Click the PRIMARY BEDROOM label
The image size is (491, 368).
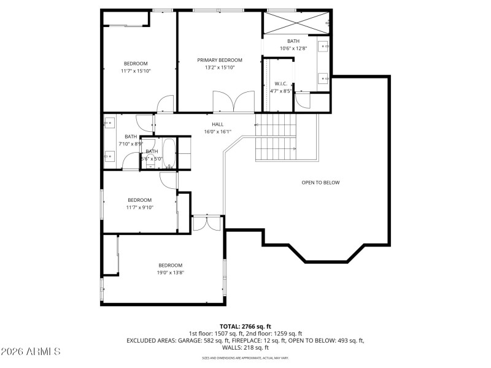coord(220,60)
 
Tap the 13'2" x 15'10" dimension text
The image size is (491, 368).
coord(220,67)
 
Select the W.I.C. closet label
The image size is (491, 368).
coord(281,83)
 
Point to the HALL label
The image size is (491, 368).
coord(217,124)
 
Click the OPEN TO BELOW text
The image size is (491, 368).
coord(320,183)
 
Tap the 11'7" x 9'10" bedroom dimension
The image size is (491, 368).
coord(139,207)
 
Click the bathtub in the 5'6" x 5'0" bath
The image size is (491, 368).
coord(169,153)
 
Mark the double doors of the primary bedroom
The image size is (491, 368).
coord(233,102)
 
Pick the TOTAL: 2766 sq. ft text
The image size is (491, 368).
coord(245,326)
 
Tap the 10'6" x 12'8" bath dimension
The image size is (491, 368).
coord(293,48)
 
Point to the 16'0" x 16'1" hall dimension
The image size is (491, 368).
coord(217,131)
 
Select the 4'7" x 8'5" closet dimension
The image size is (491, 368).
coord(281,91)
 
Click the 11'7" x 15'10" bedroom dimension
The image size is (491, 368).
coord(136,71)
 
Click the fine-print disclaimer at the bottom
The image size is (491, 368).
coord(245,358)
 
